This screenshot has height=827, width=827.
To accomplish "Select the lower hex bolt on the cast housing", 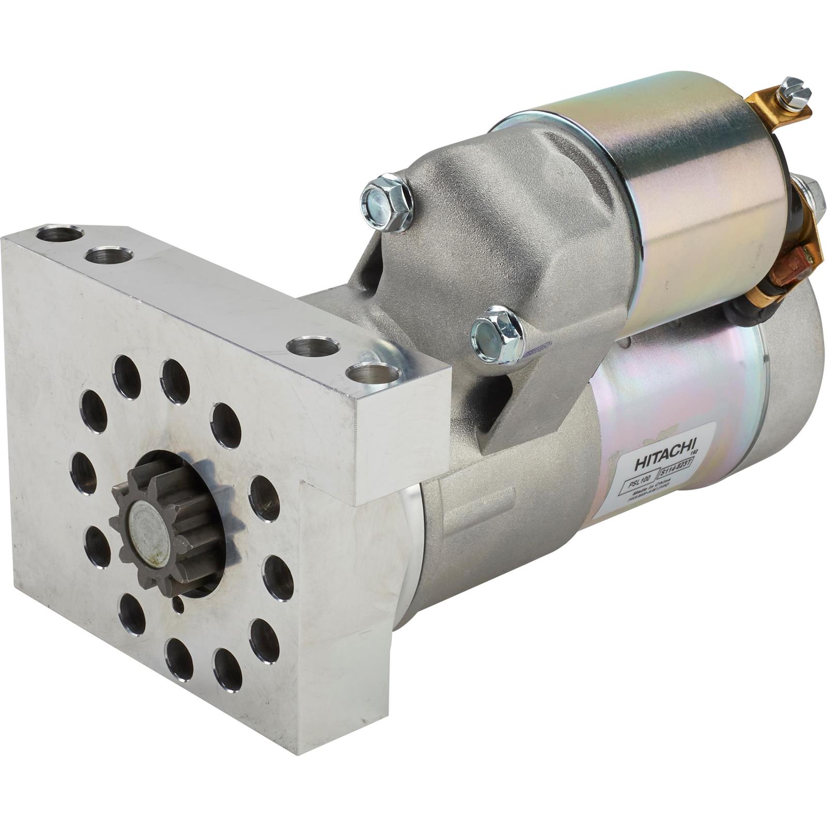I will click(x=497, y=334).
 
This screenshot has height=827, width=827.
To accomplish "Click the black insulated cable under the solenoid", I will click(x=744, y=310).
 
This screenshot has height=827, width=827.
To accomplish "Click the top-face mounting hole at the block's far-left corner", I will click(x=59, y=234).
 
